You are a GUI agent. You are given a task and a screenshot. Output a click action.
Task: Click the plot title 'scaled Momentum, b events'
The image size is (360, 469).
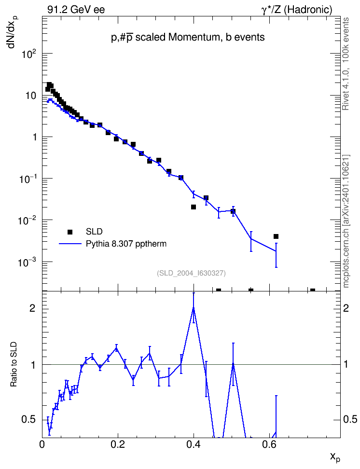pos(200,37)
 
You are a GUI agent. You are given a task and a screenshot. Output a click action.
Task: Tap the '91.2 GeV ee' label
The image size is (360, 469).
pos(76,10)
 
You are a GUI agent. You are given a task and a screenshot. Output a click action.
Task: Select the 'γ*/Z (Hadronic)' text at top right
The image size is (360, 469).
pos(297,10)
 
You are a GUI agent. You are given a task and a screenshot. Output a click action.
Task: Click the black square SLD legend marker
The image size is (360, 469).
pos(70,232)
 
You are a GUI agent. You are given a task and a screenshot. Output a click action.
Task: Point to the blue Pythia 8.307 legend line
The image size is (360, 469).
pos(70,244)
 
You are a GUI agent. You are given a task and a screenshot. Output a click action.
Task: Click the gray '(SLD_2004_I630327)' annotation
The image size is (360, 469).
pos(191,273)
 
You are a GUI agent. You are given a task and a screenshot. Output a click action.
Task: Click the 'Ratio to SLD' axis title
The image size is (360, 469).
pos(14,364)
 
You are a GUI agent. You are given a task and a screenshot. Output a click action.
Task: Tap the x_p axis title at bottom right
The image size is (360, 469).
pos(335,457)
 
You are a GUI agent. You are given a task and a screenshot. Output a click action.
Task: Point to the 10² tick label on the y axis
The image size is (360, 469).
pos(29,54)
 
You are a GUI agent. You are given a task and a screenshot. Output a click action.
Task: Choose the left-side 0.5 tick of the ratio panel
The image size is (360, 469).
pos(29,419)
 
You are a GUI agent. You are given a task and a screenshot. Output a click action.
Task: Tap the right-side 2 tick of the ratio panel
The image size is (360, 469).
pos(346,308)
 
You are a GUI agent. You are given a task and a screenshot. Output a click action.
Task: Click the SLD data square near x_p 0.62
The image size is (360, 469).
pos(276,236)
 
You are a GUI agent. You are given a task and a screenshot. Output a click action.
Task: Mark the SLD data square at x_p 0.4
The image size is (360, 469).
pos(194,207)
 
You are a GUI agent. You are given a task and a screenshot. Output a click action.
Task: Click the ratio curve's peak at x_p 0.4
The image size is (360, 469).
pos(194,307)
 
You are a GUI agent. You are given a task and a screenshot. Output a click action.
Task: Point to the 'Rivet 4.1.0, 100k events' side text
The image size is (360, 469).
pos(346,64)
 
